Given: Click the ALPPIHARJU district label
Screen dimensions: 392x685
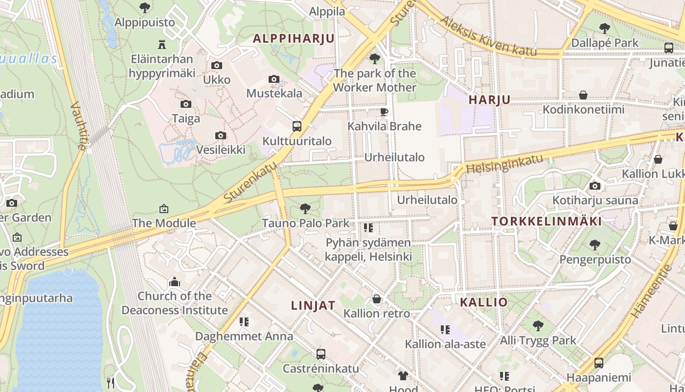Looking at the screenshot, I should [x=294, y=39].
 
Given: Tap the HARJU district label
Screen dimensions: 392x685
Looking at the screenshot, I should [x=489, y=100].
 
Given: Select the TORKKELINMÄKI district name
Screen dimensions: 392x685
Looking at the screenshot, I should [x=547, y=221].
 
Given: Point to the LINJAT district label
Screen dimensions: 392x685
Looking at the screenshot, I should [x=313, y=305].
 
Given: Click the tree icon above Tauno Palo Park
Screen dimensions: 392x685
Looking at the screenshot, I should [x=305, y=209].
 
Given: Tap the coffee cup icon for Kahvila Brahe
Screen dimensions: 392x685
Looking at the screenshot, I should [x=384, y=112].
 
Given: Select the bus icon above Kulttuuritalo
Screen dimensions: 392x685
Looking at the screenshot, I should [x=297, y=126].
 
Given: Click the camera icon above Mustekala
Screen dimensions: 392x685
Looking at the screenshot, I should [x=274, y=79].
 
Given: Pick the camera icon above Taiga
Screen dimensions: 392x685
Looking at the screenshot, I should [x=186, y=104].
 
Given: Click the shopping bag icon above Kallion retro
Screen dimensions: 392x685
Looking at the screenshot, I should [x=377, y=299].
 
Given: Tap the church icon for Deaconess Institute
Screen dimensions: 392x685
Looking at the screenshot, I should [x=175, y=282].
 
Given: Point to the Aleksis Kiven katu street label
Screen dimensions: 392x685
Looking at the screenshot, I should [x=488, y=36].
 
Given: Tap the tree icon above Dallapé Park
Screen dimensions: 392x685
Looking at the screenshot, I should [x=605, y=28].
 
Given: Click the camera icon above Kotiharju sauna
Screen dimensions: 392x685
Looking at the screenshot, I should [x=595, y=186].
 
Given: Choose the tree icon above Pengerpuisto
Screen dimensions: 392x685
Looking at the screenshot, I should [x=595, y=245].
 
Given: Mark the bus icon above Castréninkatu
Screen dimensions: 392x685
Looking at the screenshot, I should [x=321, y=354].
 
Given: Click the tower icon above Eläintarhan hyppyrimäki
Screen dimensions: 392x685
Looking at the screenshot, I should [x=162, y=45].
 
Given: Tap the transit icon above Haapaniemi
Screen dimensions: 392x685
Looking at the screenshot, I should [x=599, y=363].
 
